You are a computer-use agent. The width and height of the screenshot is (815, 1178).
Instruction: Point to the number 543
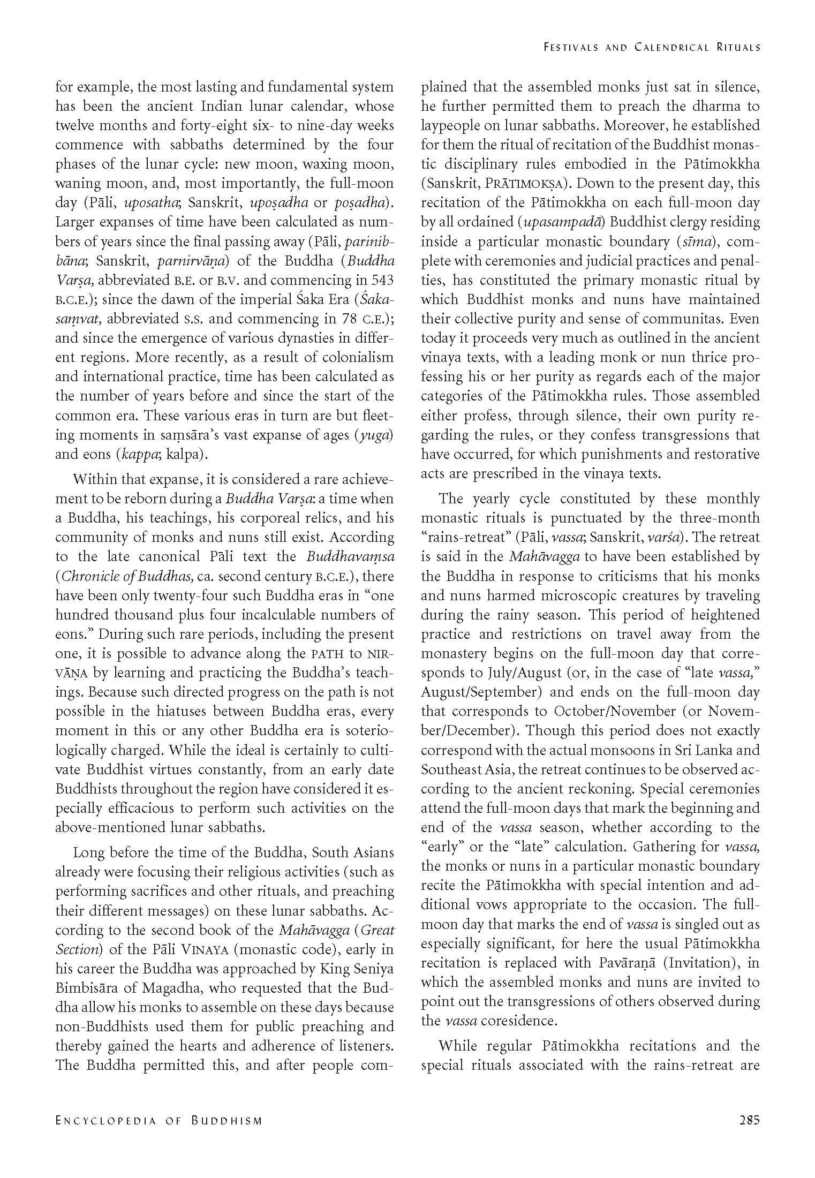point(382,280)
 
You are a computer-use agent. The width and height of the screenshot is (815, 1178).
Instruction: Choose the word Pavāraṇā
point(624,962)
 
